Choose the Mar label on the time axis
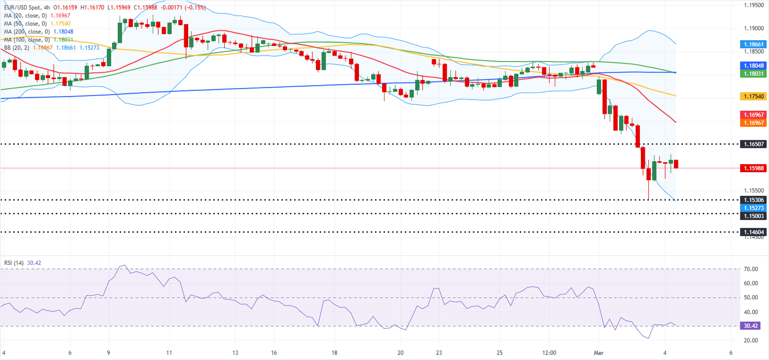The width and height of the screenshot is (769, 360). pos(598,352)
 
